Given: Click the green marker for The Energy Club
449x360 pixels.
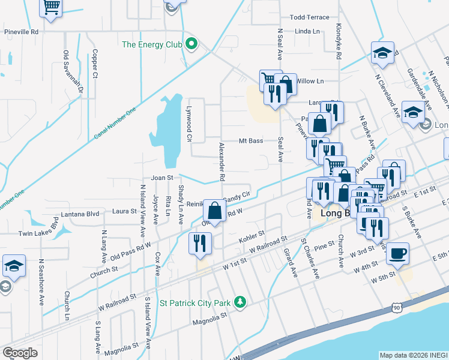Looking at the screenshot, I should tap(191, 44).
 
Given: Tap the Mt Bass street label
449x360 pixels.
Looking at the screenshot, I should tap(251, 141).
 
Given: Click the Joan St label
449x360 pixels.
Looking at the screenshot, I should tap(161, 178).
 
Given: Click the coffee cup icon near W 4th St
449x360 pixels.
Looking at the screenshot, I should tap(397, 252).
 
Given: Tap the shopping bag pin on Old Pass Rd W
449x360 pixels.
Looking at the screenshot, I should tap(214, 210).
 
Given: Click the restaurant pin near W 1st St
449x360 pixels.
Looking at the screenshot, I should tap(199, 243).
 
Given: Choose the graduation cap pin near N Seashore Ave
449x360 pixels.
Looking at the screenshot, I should tap(13, 266).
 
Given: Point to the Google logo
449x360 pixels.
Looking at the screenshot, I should tap(20, 352).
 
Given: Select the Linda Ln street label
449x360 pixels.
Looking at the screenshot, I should tap(307, 31).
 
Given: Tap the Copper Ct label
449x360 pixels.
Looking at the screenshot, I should tap(95, 64).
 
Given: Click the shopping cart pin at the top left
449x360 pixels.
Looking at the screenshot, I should tap(52, 7).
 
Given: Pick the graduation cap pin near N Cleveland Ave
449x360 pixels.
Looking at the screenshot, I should tap(382, 53).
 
